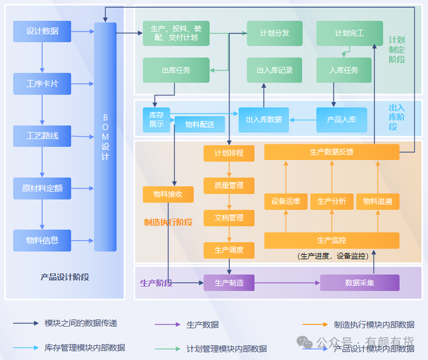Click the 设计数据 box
(x=42, y=32)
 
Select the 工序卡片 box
(x=42, y=84)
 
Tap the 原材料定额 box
(x=42, y=188)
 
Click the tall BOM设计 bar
(x=105, y=137)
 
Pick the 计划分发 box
(x=275, y=33)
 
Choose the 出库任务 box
(x=176, y=70)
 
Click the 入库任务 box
(x=344, y=70)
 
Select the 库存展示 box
(x=156, y=120)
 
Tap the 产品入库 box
(x=341, y=120)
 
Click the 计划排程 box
(x=229, y=153)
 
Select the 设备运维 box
(x=285, y=202)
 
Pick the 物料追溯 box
(x=377, y=202)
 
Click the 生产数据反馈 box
(x=331, y=152)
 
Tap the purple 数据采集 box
(x=360, y=283)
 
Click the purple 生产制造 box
(x=229, y=283)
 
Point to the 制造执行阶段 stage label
(x=168, y=222)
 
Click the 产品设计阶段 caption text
(x=65, y=277)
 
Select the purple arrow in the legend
(x=167, y=324)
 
